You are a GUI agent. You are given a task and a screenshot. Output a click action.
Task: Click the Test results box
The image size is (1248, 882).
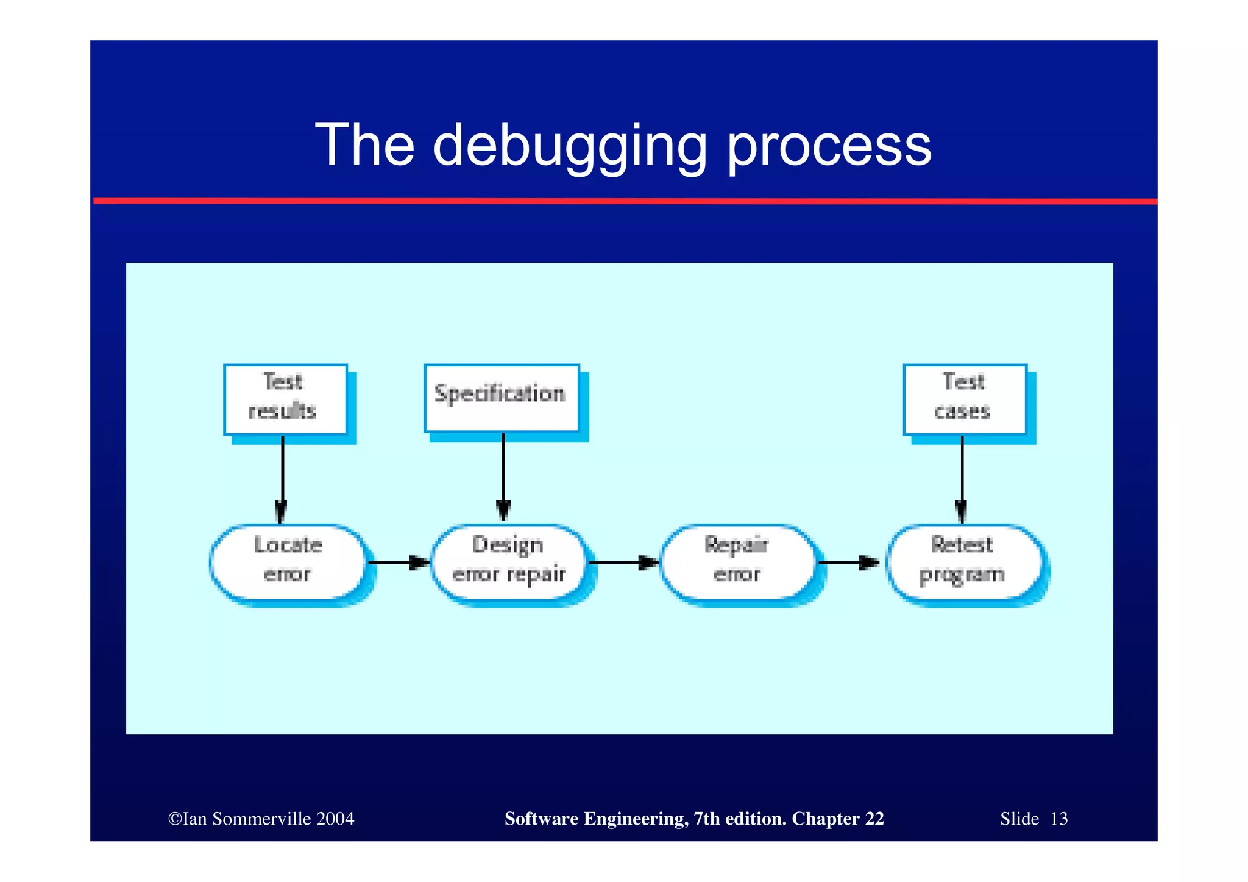[285, 399]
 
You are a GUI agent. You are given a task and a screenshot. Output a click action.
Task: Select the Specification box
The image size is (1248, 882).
[501, 398]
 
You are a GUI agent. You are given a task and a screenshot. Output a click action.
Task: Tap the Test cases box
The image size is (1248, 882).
[965, 399]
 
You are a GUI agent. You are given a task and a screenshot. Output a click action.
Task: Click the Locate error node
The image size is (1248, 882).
[288, 561]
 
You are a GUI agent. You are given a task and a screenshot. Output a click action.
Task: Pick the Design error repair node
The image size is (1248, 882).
[509, 561]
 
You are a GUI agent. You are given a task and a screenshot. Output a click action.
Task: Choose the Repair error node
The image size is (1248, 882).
[737, 561]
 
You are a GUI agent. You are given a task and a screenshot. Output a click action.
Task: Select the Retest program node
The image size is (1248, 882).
[963, 561]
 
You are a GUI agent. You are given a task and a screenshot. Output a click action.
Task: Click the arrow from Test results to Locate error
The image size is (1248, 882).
[282, 478]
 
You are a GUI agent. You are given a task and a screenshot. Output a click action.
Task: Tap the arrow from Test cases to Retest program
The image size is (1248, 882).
[962, 478]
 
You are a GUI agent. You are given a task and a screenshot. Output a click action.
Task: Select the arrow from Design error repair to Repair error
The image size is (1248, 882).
[623, 563]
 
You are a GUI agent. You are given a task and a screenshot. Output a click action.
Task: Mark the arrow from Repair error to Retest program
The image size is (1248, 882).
[848, 563]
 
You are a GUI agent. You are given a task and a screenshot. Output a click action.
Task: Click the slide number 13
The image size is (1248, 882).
[1059, 819]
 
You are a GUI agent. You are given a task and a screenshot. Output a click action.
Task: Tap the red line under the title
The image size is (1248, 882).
[625, 201]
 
